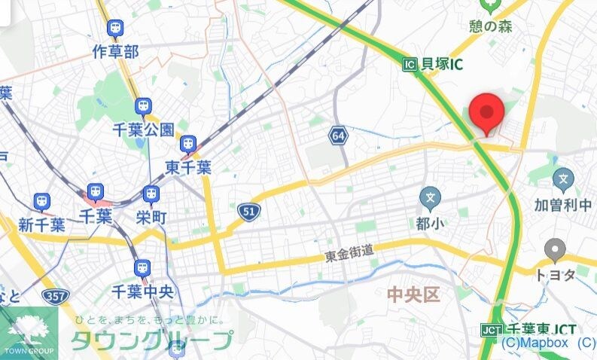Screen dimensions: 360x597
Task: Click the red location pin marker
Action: [486, 114]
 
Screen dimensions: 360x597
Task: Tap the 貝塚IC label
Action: [442, 64]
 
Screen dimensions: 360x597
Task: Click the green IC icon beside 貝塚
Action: [410, 65]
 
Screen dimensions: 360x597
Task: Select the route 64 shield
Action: [337, 136]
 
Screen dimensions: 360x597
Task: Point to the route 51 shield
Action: [248, 212]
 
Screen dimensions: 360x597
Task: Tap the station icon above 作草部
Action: [115, 29]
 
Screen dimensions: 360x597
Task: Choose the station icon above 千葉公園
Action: [143, 106]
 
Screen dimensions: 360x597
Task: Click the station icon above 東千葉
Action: [188, 143]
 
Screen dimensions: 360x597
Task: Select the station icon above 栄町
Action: [151, 194]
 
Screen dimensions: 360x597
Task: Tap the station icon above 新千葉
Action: [41, 201]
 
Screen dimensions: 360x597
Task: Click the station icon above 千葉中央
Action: [142, 267]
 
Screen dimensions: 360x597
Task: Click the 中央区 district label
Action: [413, 294]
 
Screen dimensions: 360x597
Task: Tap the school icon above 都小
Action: [431, 200]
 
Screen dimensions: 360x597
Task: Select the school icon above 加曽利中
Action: [563, 180]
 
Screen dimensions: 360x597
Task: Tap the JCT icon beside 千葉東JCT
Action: [492, 330]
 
